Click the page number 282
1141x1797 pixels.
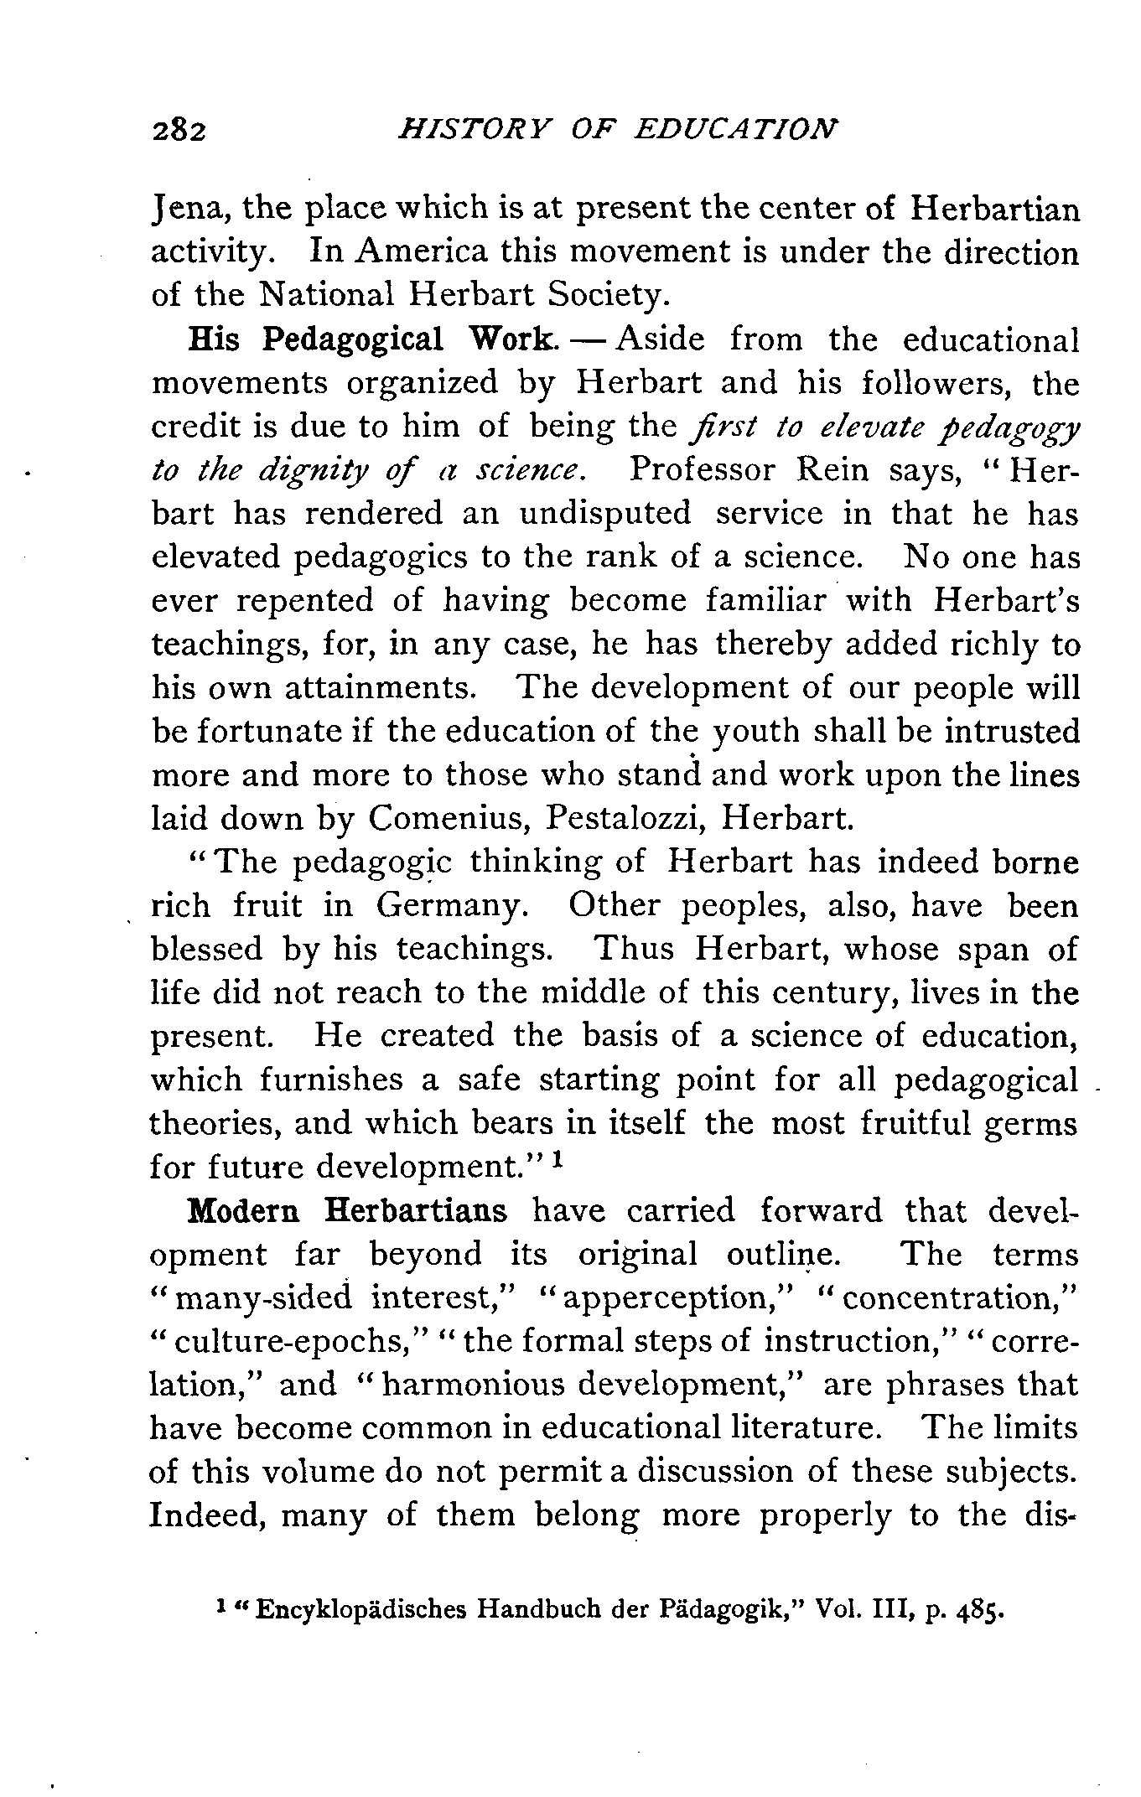(x=180, y=131)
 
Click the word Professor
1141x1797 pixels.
(x=700, y=469)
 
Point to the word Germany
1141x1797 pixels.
(x=451, y=905)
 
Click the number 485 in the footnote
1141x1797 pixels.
(x=978, y=1609)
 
